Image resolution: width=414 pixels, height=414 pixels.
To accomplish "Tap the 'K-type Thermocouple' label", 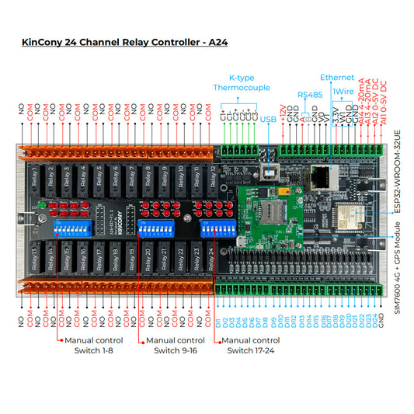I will pyautogui.click(x=238, y=83).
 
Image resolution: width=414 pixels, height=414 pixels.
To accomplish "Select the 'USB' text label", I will pyautogui.click(x=268, y=119).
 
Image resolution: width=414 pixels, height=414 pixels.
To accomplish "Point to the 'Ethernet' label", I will pyautogui.click(x=336, y=78).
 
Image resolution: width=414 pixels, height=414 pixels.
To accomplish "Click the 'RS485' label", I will pyautogui.click(x=309, y=94).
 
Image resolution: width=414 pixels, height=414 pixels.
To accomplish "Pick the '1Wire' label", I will pyautogui.click(x=343, y=91).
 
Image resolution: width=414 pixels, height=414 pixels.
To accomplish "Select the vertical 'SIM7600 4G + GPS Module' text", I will pyautogui.click(x=397, y=269).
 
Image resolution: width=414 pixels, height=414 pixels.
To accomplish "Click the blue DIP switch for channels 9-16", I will pyautogui.click(x=155, y=228).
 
